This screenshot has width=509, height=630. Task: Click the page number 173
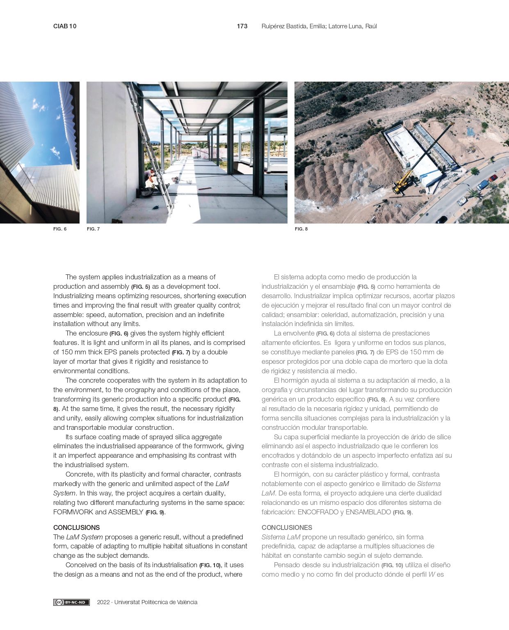[x=242, y=26]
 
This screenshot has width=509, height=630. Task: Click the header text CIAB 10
[x=65, y=26]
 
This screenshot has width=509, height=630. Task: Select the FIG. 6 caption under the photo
[x=60, y=229]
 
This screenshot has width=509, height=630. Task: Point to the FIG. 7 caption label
[x=93, y=229]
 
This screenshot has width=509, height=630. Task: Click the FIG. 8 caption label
[x=301, y=229]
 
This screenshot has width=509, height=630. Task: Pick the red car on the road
[x=493, y=178]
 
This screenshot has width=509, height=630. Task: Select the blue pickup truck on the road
[x=483, y=185]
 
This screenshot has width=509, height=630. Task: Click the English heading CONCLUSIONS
[x=77, y=527]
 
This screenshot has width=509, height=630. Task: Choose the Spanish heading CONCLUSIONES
[x=287, y=527]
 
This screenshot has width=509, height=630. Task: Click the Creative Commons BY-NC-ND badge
[x=71, y=602]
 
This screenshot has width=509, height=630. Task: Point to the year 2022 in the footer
[x=103, y=602]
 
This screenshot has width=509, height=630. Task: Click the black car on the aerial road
[x=442, y=219]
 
